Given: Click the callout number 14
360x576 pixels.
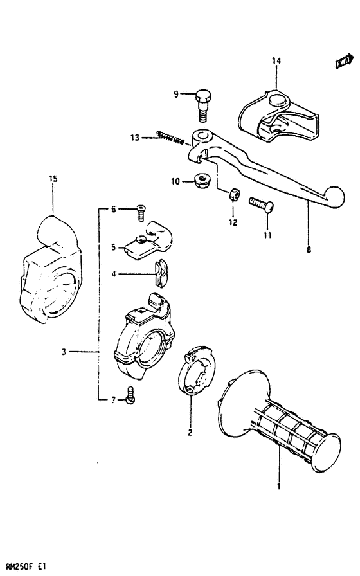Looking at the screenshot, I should [x=276, y=61].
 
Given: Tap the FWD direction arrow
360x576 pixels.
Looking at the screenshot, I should [x=343, y=62].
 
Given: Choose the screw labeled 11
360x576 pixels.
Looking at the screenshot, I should [x=262, y=205].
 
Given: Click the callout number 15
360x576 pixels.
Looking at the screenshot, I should [x=53, y=178].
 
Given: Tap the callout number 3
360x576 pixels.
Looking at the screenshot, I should [x=64, y=352].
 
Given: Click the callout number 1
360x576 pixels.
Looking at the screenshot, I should [x=278, y=487].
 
